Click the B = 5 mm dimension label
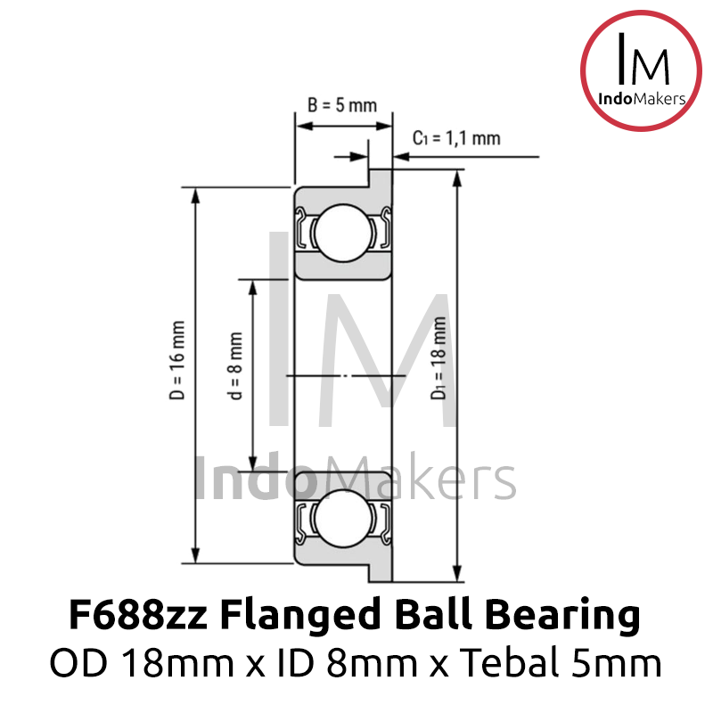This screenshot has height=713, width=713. tap(342, 105)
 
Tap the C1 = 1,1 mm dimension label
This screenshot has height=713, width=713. tap(455, 138)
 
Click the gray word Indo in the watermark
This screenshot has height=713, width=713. tap(254, 479)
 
